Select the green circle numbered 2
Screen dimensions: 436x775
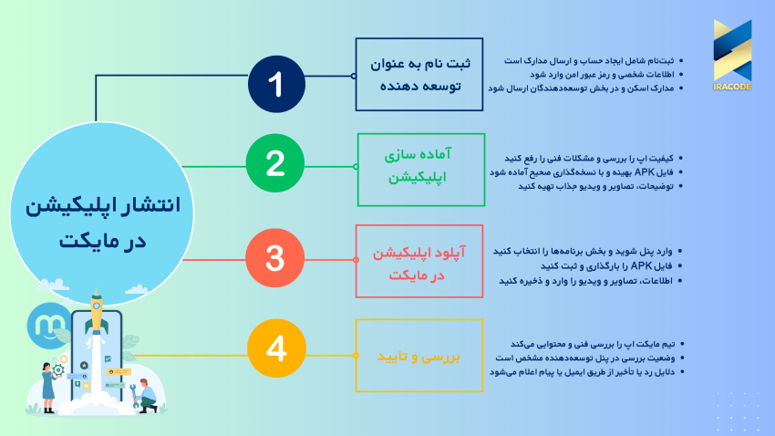click(x=274, y=165)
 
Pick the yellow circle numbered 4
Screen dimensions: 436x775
click(x=274, y=349)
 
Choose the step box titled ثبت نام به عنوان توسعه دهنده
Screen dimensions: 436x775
click(x=419, y=74)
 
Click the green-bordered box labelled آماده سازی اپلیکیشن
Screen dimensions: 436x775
click(x=418, y=167)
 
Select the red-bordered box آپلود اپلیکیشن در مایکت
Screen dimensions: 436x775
click(x=418, y=260)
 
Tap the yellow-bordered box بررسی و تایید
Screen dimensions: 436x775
click(x=418, y=355)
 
